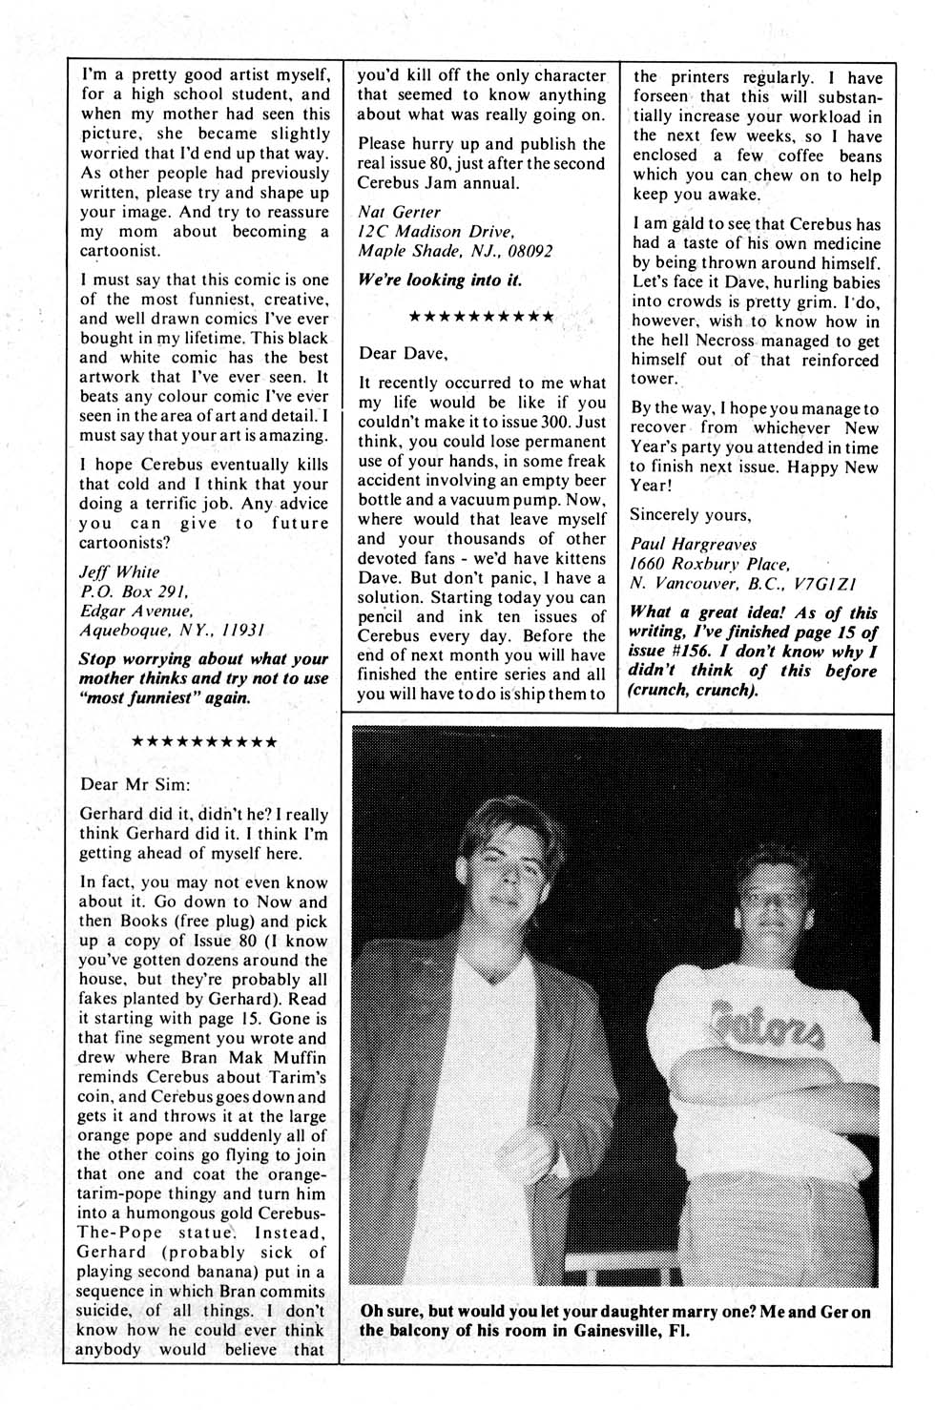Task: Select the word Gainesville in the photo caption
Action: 600,1332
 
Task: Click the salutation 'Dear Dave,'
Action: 402,353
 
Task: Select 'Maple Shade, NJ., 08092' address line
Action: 454,251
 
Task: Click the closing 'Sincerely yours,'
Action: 691,515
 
